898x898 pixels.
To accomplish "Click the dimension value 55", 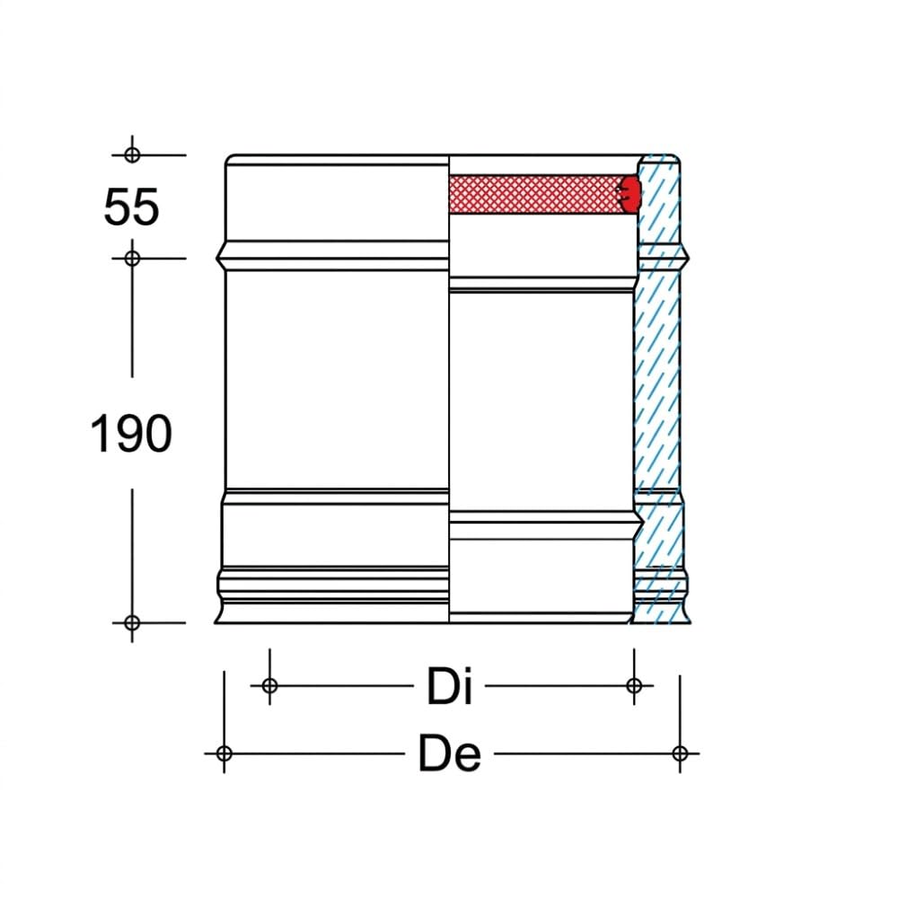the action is (131, 207).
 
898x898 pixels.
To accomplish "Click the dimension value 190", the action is (131, 434).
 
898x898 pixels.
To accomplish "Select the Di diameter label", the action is (450, 685).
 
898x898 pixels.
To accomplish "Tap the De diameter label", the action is (450, 753).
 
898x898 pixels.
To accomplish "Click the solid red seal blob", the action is (630, 194).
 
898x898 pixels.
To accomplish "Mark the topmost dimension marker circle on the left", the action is (132, 154).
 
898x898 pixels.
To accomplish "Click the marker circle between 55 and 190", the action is (132, 259).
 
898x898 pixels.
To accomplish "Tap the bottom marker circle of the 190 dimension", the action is (132, 622).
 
